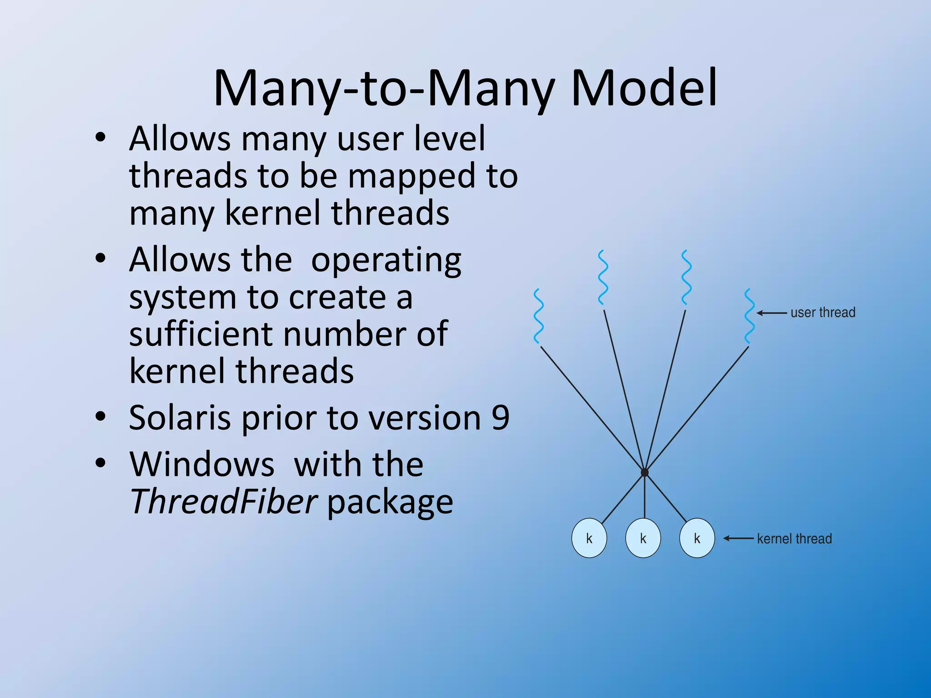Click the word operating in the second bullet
pyautogui.click(x=386, y=260)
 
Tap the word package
pyautogui.click(x=390, y=502)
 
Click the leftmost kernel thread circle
pyautogui.click(x=589, y=538)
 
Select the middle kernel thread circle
pyautogui.click(x=643, y=538)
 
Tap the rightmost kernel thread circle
pyautogui.click(x=697, y=538)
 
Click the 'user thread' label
pyautogui.click(x=823, y=313)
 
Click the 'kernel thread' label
pyautogui.click(x=794, y=538)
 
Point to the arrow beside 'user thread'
pyautogui.click(x=772, y=313)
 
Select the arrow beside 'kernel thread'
pyautogui.click(x=739, y=538)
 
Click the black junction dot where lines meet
pyautogui.click(x=645, y=473)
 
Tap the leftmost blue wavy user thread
pyautogui.click(x=539, y=316)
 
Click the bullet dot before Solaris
pyautogui.click(x=100, y=416)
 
